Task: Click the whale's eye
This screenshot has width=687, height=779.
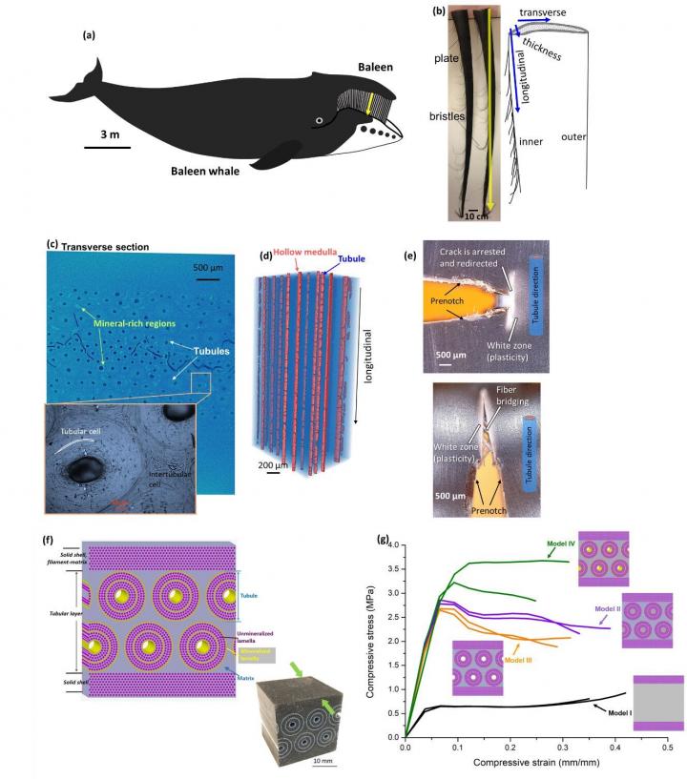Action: click(321, 120)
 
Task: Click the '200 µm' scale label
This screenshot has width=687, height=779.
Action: click(276, 464)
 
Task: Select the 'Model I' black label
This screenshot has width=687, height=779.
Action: click(621, 709)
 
